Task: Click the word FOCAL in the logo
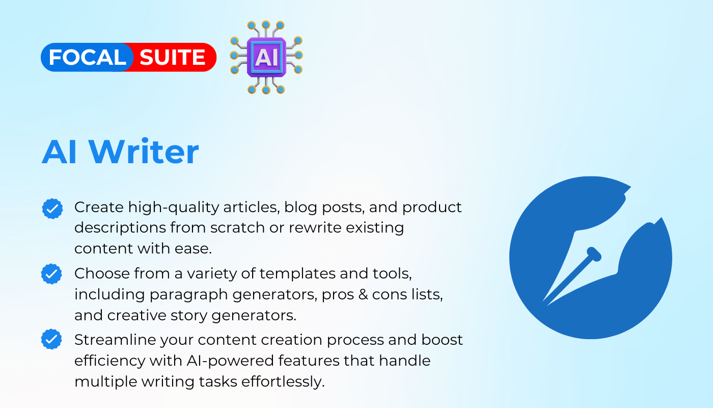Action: click(x=88, y=57)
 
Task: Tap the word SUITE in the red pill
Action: click(x=173, y=57)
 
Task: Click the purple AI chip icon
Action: click(x=266, y=57)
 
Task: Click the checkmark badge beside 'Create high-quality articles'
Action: click(x=52, y=209)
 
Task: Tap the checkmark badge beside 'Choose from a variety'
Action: click(x=51, y=274)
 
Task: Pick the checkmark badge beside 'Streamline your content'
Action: click(x=51, y=339)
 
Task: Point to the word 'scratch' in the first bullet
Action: click(x=237, y=227)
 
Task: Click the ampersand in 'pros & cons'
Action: click(x=363, y=295)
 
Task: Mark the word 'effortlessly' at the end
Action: click(x=283, y=382)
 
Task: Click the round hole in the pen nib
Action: click(x=593, y=254)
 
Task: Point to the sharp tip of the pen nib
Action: click(x=543, y=301)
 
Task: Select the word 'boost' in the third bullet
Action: click(x=442, y=340)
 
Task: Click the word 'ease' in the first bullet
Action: click(x=193, y=249)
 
